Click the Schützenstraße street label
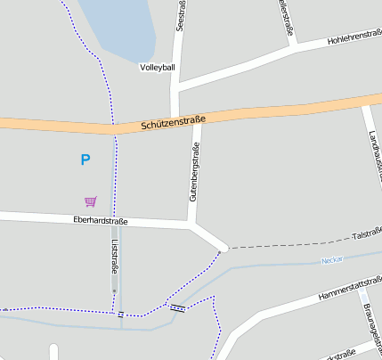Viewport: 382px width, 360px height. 173,123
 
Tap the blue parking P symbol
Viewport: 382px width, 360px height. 85,160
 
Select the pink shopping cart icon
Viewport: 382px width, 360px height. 90,201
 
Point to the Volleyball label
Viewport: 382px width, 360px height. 158,67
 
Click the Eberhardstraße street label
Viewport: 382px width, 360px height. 101,221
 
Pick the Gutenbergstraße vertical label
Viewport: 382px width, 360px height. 193,173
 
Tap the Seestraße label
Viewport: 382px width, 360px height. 181,16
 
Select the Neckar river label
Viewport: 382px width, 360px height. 333,260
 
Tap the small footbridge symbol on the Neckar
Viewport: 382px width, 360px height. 178,308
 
